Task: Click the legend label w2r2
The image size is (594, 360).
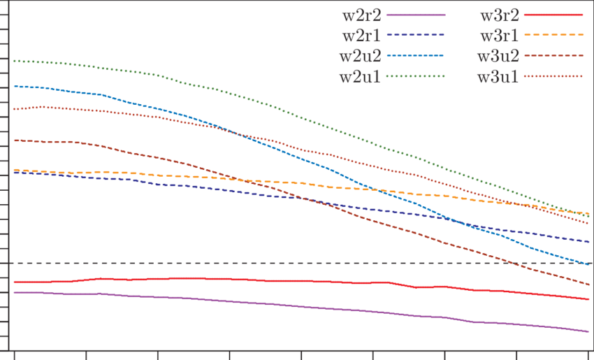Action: [x=361, y=14]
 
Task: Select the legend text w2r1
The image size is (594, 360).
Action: [x=361, y=34]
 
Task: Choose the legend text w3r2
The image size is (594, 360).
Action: [x=498, y=14]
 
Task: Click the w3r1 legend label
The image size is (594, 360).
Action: [x=498, y=34]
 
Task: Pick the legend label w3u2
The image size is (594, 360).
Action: [x=498, y=55]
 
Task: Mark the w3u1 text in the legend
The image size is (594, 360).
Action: [x=498, y=75]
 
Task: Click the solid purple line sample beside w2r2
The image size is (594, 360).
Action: [x=415, y=15]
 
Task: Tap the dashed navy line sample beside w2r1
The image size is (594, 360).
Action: [x=415, y=34]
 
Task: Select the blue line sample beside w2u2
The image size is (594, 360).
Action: [x=415, y=55]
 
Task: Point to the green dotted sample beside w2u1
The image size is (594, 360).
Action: [x=415, y=75]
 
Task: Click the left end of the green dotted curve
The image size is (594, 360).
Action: [x=15, y=61]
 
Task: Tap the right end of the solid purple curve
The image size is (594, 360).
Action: [x=588, y=331]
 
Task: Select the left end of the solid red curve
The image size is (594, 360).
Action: [x=15, y=282]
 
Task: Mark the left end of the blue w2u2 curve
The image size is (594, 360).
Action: [x=15, y=86]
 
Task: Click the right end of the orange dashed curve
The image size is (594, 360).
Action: [x=588, y=212]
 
